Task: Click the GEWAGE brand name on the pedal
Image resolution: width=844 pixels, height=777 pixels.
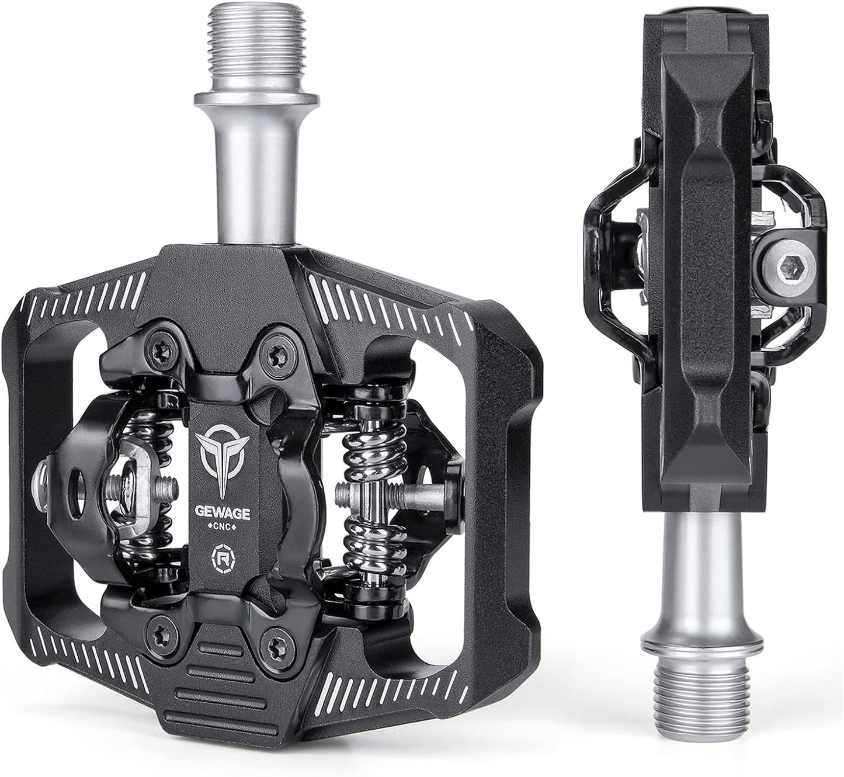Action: click(x=223, y=513)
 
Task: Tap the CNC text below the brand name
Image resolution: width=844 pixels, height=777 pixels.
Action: click(x=223, y=526)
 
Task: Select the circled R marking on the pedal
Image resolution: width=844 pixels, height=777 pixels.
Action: click(x=223, y=557)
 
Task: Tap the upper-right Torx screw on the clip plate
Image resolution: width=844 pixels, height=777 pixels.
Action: click(x=278, y=349)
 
